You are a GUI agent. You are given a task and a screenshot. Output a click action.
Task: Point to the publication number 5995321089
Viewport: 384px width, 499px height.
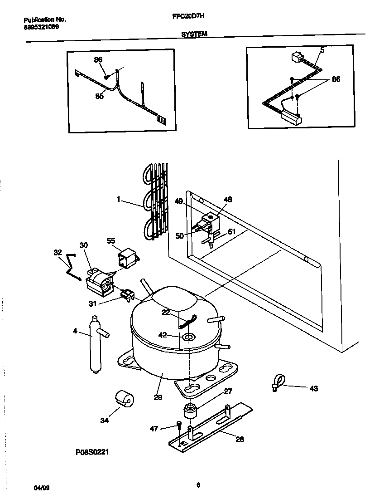click(41, 27)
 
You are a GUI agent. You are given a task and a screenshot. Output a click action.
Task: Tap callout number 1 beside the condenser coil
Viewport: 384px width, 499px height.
click(118, 198)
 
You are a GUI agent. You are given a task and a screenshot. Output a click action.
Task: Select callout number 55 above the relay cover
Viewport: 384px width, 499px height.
click(111, 240)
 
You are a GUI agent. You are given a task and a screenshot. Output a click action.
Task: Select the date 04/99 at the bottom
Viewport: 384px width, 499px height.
click(42, 488)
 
